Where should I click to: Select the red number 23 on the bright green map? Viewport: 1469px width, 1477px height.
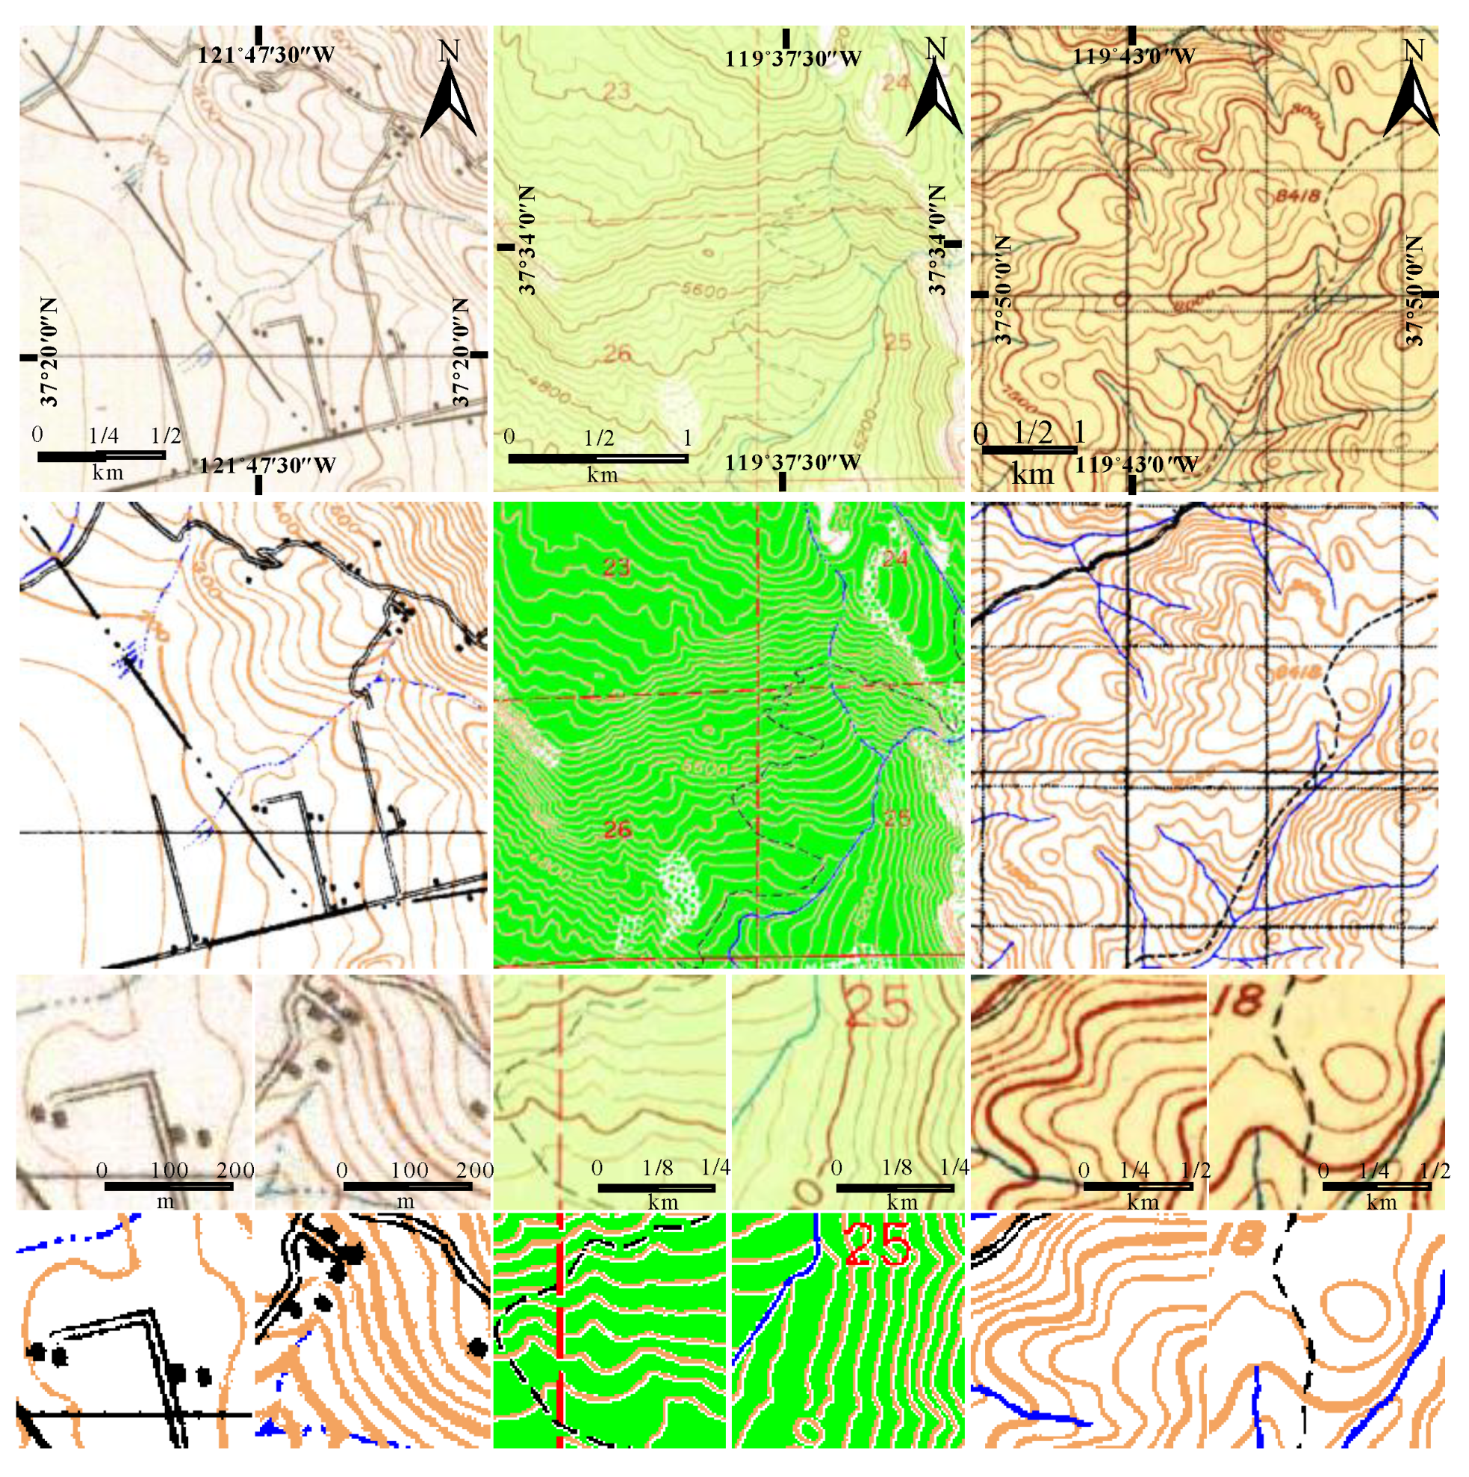click(615, 568)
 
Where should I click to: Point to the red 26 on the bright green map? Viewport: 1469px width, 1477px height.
click(618, 830)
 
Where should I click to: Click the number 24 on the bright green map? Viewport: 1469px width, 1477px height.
click(895, 559)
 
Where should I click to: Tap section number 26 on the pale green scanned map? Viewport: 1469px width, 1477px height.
click(618, 353)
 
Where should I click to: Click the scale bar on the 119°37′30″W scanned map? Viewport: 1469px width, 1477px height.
click(598, 458)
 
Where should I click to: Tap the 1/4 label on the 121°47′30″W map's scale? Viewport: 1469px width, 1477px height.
click(103, 437)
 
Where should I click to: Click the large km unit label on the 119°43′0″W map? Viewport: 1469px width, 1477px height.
click(1032, 475)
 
